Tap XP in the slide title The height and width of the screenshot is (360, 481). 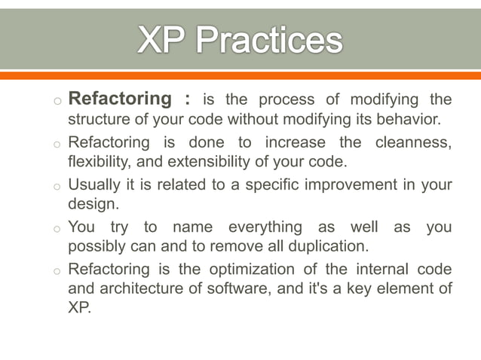point(160,41)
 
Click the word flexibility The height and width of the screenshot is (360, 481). point(97,163)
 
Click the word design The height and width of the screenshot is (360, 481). point(91,206)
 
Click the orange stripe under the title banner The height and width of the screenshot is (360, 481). point(240,75)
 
